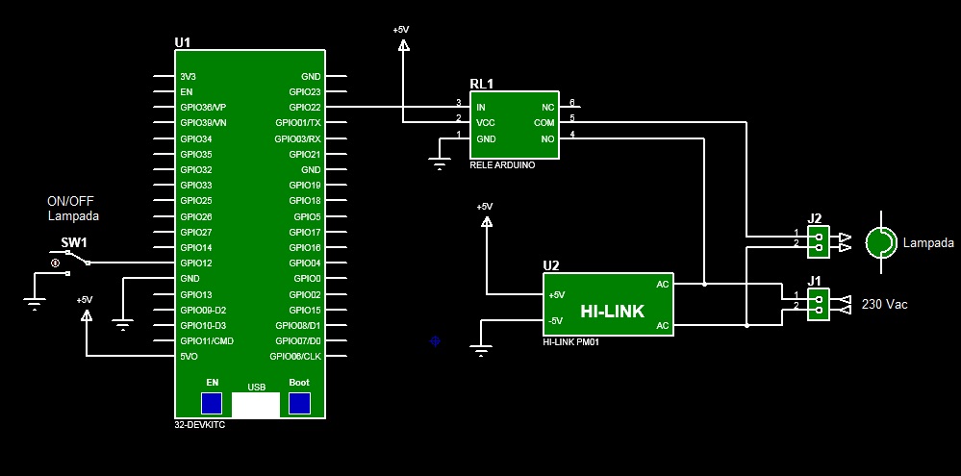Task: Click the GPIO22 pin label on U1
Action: (304, 107)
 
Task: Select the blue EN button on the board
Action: (212, 403)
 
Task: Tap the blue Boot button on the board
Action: (299, 403)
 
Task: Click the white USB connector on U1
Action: (256, 405)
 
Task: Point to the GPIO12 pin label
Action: (196, 263)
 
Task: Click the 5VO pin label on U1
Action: (190, 356)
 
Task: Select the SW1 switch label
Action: (74, 242)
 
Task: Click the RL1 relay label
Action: (481, 84)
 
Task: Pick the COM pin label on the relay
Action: (544, 122)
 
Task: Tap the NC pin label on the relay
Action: (548, 107)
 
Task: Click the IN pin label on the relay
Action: (481, 107)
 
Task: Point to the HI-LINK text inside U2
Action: (612, 311)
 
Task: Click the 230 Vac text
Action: (884, 304)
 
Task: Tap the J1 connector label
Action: (814, 281)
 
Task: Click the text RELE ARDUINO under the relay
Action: (501, 165)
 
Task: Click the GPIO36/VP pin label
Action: (203, 107)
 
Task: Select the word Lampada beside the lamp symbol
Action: (928, 243)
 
